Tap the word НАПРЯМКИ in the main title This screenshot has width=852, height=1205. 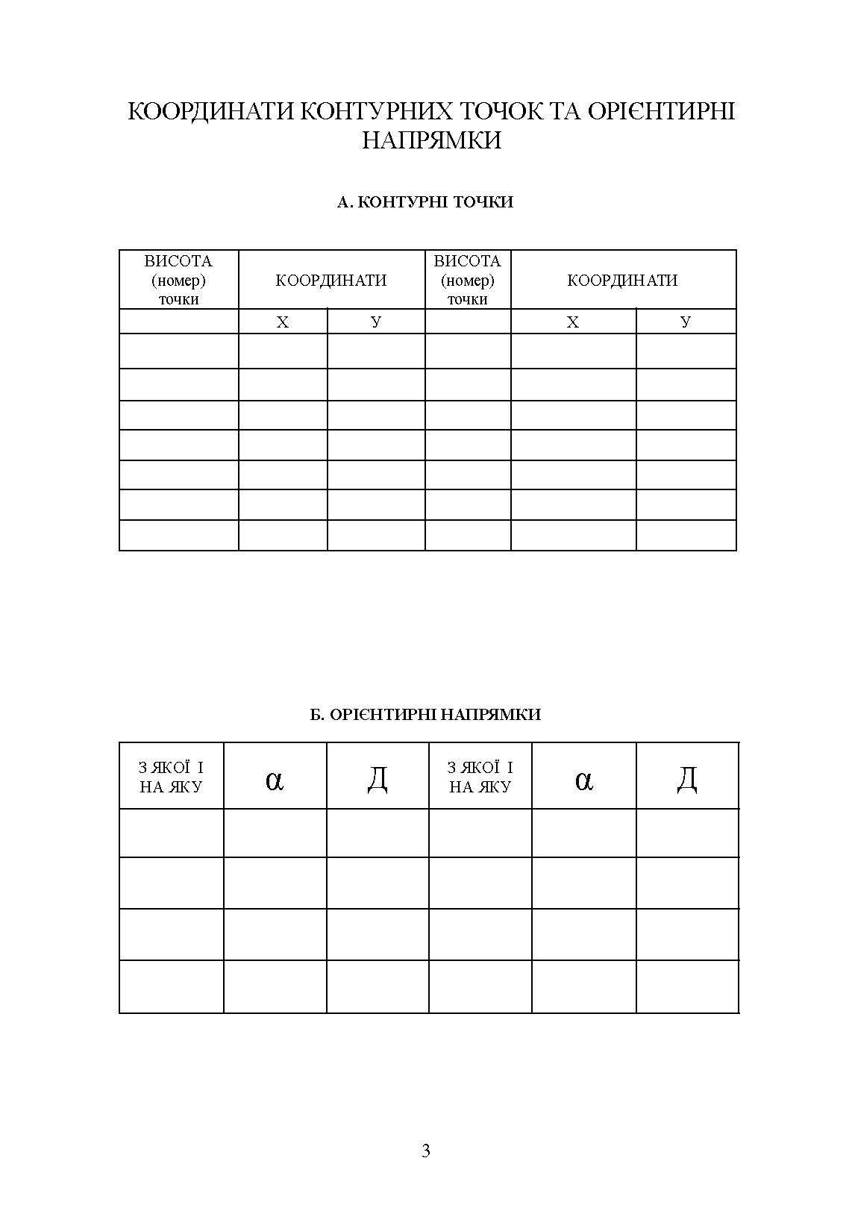(431, 140)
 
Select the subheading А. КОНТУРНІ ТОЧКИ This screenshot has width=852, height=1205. (425, 202)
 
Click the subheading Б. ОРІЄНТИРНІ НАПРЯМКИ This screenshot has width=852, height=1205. (425, 715)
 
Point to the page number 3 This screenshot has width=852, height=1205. (426, 1151)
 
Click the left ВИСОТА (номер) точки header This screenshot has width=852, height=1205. (178, 280)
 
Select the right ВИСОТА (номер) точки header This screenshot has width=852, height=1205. (467, 280)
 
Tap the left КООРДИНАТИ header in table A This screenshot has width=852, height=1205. (331, 281)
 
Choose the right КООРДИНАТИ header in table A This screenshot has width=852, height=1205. (622, 281)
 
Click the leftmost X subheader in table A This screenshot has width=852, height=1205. (283, 322)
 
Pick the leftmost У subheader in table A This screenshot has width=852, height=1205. (375, 322)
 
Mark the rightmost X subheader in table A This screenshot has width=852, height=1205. (573, 322)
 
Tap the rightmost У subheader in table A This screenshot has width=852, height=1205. (686, 322)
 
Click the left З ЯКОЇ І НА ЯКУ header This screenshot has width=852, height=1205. (171, 777)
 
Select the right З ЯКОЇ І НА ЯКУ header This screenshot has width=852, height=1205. (480, 777)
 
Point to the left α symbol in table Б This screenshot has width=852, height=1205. (275, 780)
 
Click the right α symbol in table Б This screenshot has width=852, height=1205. (584, 780)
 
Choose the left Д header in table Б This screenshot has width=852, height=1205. (378, 779)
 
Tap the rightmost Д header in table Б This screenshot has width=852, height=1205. (687, 779)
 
